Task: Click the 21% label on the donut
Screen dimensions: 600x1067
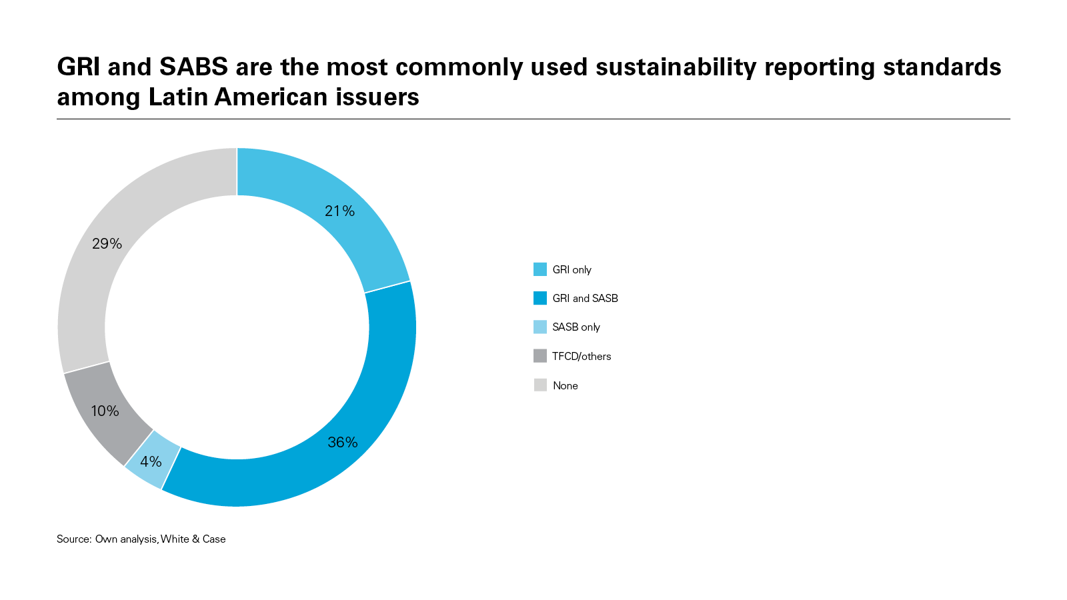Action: click(339, 211)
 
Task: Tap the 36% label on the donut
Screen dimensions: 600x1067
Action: click(343, 443)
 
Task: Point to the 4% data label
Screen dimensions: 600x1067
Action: click(151, 461)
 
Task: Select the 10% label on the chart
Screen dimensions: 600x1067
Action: click(105, 411)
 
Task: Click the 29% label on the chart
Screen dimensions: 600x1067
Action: click(107, 244)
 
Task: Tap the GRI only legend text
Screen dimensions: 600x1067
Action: click(572, 270)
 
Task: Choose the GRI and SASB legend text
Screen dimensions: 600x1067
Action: click(585, 299)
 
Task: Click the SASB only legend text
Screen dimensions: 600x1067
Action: click(576, 327)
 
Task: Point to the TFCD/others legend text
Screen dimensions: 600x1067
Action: click(582, 357)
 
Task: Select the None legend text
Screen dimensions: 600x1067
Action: click(565, 386)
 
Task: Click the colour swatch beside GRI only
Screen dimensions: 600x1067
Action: click(540, 269)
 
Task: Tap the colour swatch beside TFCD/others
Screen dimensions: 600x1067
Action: click(540, 356)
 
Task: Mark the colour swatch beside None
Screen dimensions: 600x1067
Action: click(540, 385)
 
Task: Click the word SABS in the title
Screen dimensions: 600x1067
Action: click(193, 67)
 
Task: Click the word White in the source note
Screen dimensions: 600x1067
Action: click(175, 539)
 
